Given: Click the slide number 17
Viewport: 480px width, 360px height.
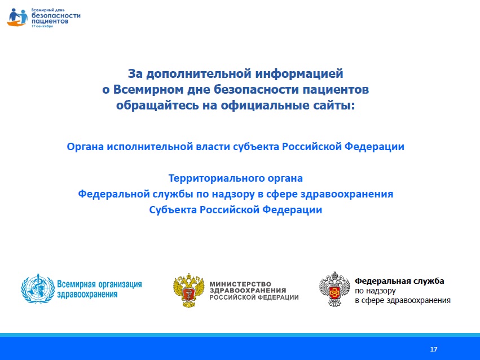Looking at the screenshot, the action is click(x=434, y=349).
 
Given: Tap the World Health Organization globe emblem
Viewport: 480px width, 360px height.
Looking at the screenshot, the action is click(x=38, y=289).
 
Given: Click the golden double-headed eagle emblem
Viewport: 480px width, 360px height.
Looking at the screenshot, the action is click(x=189, y=291).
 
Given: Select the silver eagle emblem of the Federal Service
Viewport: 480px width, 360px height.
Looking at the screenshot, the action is click(x=334, y=289).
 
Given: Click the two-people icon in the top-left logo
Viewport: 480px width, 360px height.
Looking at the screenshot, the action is click(x=17, y=17).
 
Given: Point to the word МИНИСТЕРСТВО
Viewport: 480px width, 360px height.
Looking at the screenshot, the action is click(x=240, y=284).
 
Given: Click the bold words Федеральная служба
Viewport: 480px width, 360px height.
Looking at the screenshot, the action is click(x=399, y=281).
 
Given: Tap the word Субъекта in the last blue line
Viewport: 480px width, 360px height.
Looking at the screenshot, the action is click(x=173, y=210).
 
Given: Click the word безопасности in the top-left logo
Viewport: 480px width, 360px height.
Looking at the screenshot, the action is click(x=56, y=16).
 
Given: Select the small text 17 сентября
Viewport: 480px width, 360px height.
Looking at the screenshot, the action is click(x=42, y=27).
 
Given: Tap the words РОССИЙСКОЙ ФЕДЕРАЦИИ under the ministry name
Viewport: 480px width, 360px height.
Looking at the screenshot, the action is click(x=254, y=297).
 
